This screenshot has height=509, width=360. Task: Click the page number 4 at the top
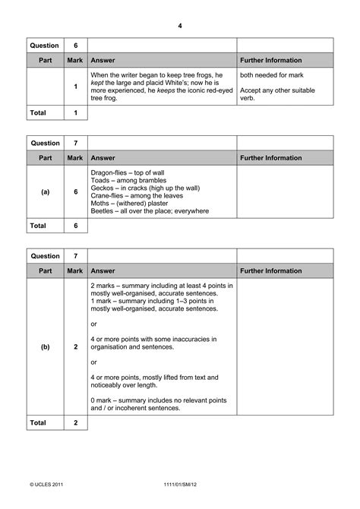tap(180, 26)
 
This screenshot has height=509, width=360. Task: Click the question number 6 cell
tap(75, 46)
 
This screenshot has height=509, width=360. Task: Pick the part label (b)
tap(45, 346)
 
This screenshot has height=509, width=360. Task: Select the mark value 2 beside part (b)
tap(75, 346)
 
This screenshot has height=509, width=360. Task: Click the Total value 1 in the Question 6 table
tap(75, 112)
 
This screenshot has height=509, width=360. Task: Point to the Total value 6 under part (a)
tap(75, 226)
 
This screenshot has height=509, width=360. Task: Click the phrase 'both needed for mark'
tap(267, 75)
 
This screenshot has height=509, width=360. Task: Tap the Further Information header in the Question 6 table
tap(270, 60)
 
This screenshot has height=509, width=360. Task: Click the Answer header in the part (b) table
tap(103, 270)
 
